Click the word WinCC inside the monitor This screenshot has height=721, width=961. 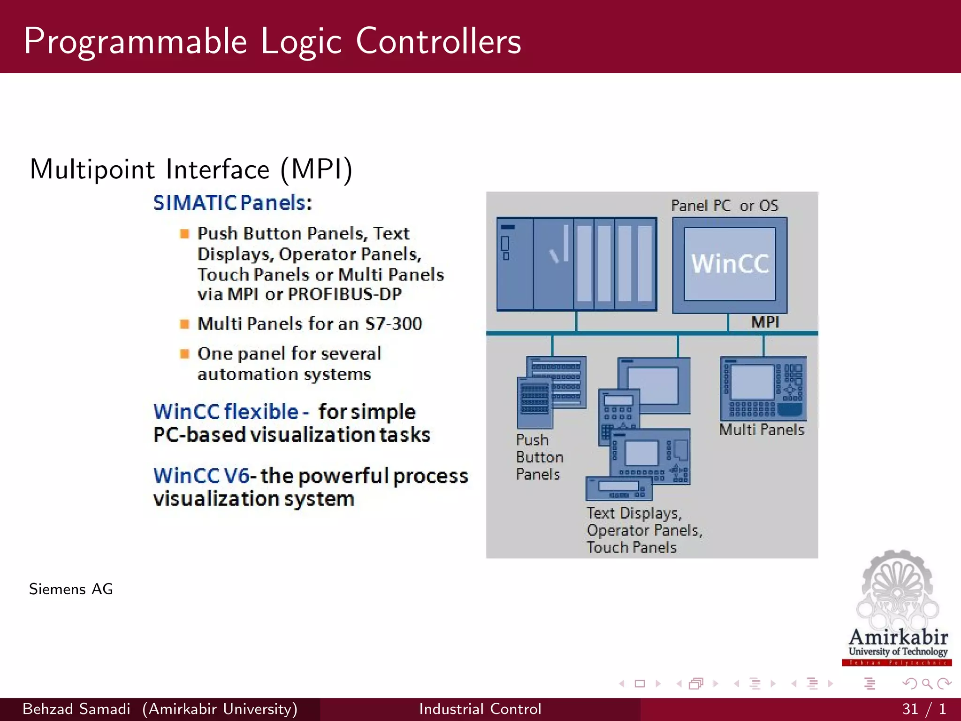(x=730, y=264)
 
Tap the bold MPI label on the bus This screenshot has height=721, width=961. (x=765, y=322)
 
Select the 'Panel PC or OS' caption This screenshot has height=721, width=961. (x=724, y=206)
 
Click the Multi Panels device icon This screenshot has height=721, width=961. (x=763, y=389)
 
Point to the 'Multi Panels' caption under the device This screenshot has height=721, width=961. (x=761, y=430)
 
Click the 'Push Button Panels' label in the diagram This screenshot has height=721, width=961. (x=539, y=457)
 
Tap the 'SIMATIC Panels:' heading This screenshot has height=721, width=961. (x=232, y=203)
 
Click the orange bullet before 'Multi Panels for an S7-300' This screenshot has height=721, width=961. (x=184, y=324)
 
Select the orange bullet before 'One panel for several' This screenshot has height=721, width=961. (x=184, y=353)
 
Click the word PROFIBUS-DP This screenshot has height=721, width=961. (x=344, y=294)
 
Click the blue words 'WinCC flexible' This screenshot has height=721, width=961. (x=226, y=412)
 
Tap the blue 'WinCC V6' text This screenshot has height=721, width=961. (x=201, y=476)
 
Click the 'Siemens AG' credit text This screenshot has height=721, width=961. (x=71, y=589)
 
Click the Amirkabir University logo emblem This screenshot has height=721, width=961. (x=897, y=591)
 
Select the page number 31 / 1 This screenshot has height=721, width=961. (x=923, y=709)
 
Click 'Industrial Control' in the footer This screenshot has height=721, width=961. (x=480, y=709)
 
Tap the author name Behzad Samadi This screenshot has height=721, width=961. (x=76, y=709)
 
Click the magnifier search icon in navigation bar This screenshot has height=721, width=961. (x=927, y=684)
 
